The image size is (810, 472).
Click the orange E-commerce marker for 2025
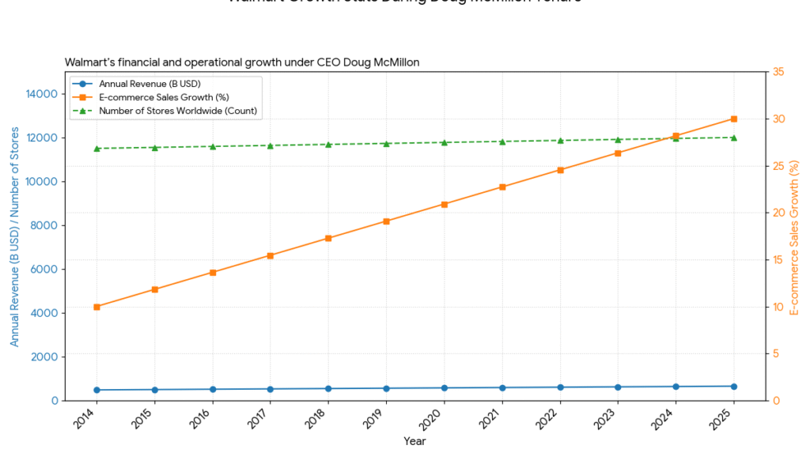(733, 119)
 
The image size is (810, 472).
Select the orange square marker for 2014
(97, 307)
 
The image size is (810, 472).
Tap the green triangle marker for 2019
(386, 143)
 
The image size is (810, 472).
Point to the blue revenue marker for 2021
(502, 387)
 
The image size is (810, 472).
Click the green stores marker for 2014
(97, 149)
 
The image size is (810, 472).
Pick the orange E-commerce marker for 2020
(444, 204)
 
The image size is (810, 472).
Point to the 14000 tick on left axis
(42, 94)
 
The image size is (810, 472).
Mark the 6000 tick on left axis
(44, 270)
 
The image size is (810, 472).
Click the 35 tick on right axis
(778, 72)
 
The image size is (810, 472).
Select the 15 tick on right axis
(778, 260)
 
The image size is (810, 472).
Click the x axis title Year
(414, 441)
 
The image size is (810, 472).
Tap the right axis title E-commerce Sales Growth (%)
(794, 236)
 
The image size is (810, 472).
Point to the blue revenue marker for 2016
(212, 389)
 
